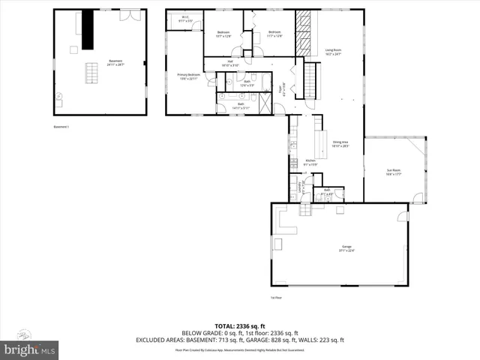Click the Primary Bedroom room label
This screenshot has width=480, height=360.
(x=187, y=76)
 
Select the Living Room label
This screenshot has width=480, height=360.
(x=333, y=52)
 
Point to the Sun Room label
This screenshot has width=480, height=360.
(x=394, y=172)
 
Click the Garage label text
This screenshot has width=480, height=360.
(x=346, y=248)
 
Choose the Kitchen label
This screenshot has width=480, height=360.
(x=310, y=162)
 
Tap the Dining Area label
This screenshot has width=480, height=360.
(x=341, y=144)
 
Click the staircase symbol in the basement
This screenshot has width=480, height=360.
(x=92, y=73)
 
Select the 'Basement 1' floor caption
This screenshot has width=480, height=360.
(x=61, y=127)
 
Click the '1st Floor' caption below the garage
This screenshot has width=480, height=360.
(x=277, y=298)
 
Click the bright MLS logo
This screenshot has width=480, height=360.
(x=30, y=349)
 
